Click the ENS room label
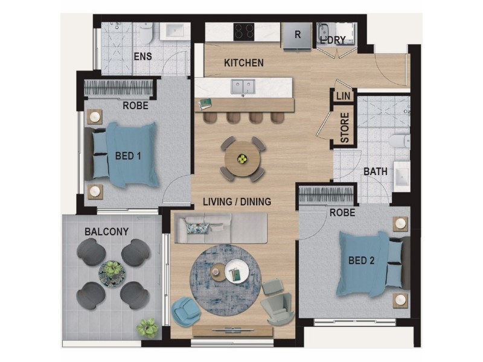[x=142, y=57]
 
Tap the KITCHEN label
[x=244, y=63]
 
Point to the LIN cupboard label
[x=343, y=96]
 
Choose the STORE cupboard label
[x=345, y=128]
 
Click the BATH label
[x=375, y=172]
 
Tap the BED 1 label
[x=128, y=156]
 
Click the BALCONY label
[x=106, y=231]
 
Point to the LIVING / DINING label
[x=237, y=202]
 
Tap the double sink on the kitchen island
[x=244, y=86]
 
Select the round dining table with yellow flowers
[x=242, y=159]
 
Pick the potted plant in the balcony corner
[x=146, y=326]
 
